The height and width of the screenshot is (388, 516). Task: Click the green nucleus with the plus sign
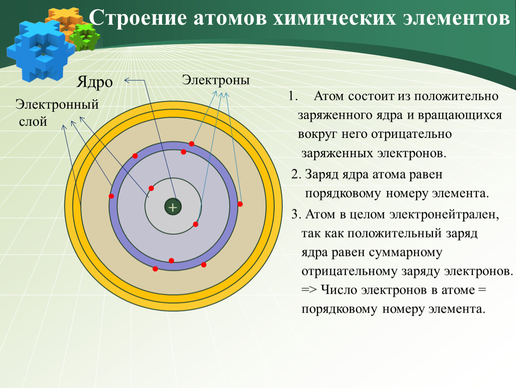173,207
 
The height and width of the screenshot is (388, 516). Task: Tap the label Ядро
95,82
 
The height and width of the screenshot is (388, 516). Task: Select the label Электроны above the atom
216,80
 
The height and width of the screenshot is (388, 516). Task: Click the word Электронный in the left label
57,105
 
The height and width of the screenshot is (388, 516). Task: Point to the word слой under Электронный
33,122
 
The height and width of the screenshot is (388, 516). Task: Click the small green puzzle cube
85,37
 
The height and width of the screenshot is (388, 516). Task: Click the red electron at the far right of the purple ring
240,204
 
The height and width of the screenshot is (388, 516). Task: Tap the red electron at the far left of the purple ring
111,196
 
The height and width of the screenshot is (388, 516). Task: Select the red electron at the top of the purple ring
192,144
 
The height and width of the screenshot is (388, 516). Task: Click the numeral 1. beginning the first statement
293,96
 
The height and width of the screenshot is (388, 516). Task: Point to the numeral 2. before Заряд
296,174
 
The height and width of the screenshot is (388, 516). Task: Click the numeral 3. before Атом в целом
296,214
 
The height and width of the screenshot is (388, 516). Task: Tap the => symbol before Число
309,290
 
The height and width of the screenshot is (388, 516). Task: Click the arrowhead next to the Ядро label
127,80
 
